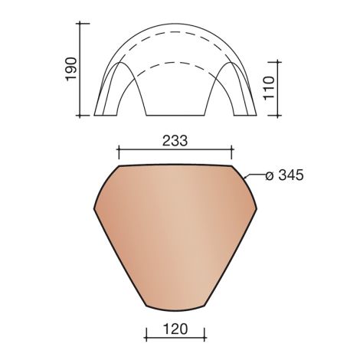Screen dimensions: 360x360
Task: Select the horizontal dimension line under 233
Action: coord(175,149)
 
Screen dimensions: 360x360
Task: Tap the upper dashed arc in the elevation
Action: coord(175,32)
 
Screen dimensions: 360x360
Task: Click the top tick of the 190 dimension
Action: coord(80,23)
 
